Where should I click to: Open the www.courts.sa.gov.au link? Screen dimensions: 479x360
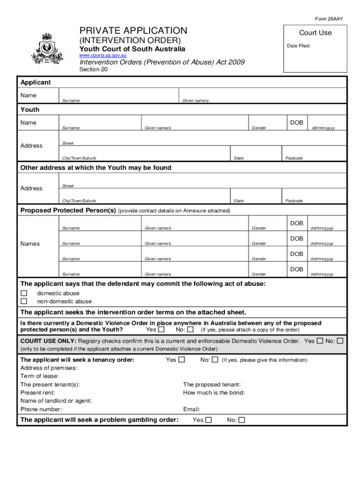(103, 56)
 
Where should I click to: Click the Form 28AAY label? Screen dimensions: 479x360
(329, 19)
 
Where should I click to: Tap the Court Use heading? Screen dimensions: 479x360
(315, 33)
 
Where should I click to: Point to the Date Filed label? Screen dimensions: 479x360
(298, 46)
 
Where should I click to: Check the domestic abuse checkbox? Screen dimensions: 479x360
(24, 293)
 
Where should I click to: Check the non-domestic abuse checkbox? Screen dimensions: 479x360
(24, 301)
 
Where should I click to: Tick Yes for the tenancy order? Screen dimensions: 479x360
(182, 360)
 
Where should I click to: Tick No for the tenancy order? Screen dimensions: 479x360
(215, 360)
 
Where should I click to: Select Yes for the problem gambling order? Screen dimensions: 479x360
(209, 420)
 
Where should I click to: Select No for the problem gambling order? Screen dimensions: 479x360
(242, 420)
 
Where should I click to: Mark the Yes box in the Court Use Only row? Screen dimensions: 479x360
(320, 341)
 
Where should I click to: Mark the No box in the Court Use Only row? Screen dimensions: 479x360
(340, 341)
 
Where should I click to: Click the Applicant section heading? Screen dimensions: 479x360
(36, 82)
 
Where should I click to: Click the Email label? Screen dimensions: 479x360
(192, 409)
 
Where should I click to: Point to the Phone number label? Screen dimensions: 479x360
(41, 409)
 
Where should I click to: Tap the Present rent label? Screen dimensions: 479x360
(37, 392)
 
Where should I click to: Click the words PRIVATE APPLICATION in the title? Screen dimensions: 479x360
(133, 31)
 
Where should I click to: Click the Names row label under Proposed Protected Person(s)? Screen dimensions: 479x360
(30, 244)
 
